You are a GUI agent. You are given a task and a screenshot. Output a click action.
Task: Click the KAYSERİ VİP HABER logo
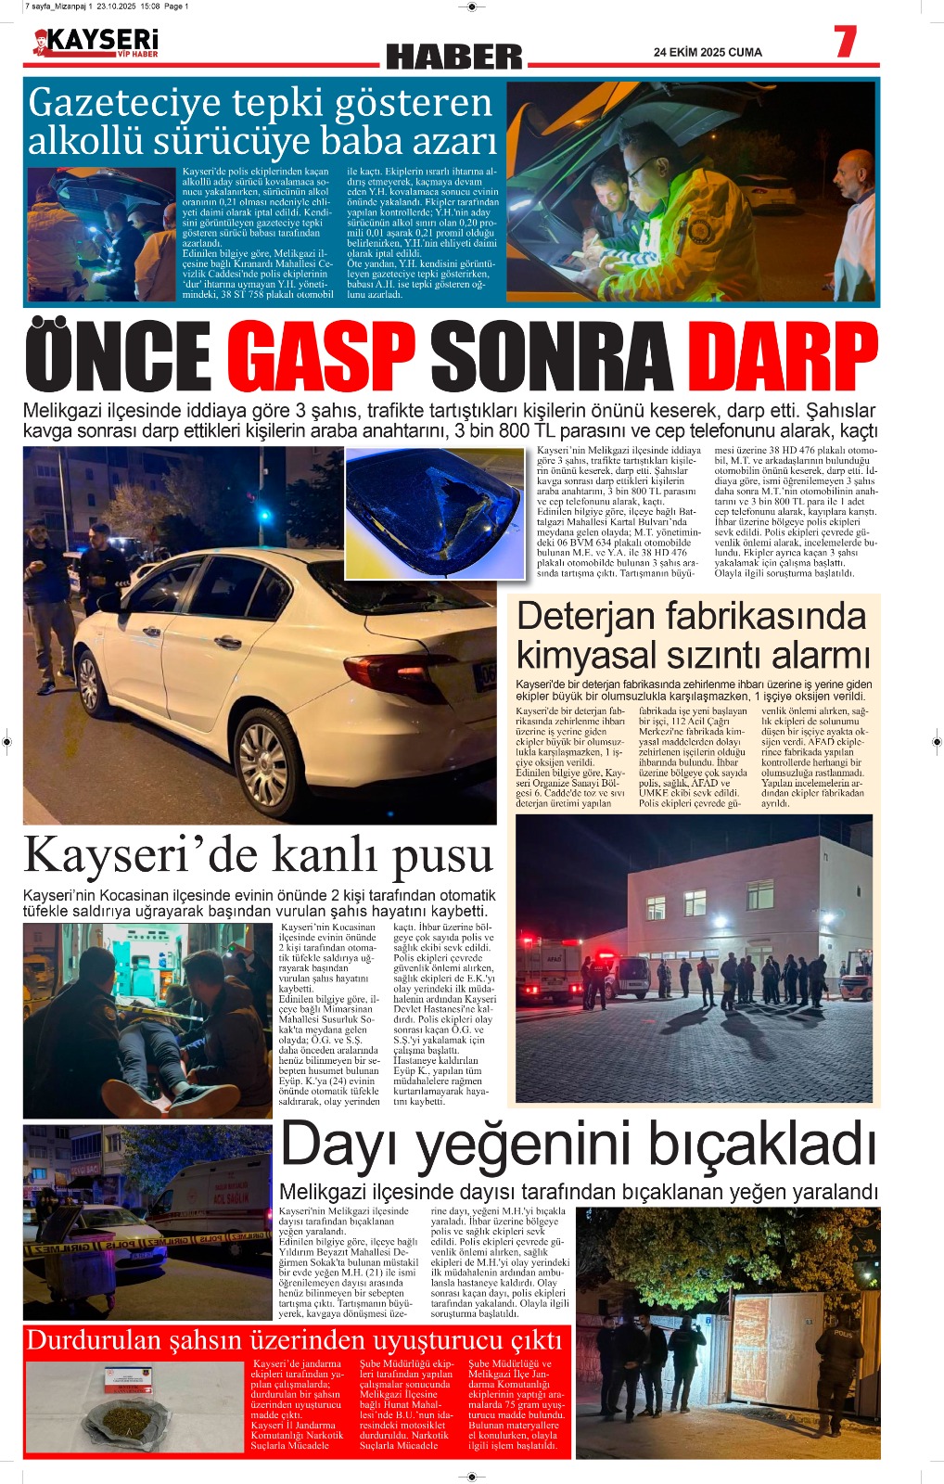[96, 43]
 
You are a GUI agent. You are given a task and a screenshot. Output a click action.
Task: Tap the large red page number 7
[844, 43]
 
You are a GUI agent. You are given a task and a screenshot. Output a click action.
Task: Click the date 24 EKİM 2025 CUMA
[708, 53]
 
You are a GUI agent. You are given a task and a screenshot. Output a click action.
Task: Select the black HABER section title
[454, 58]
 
